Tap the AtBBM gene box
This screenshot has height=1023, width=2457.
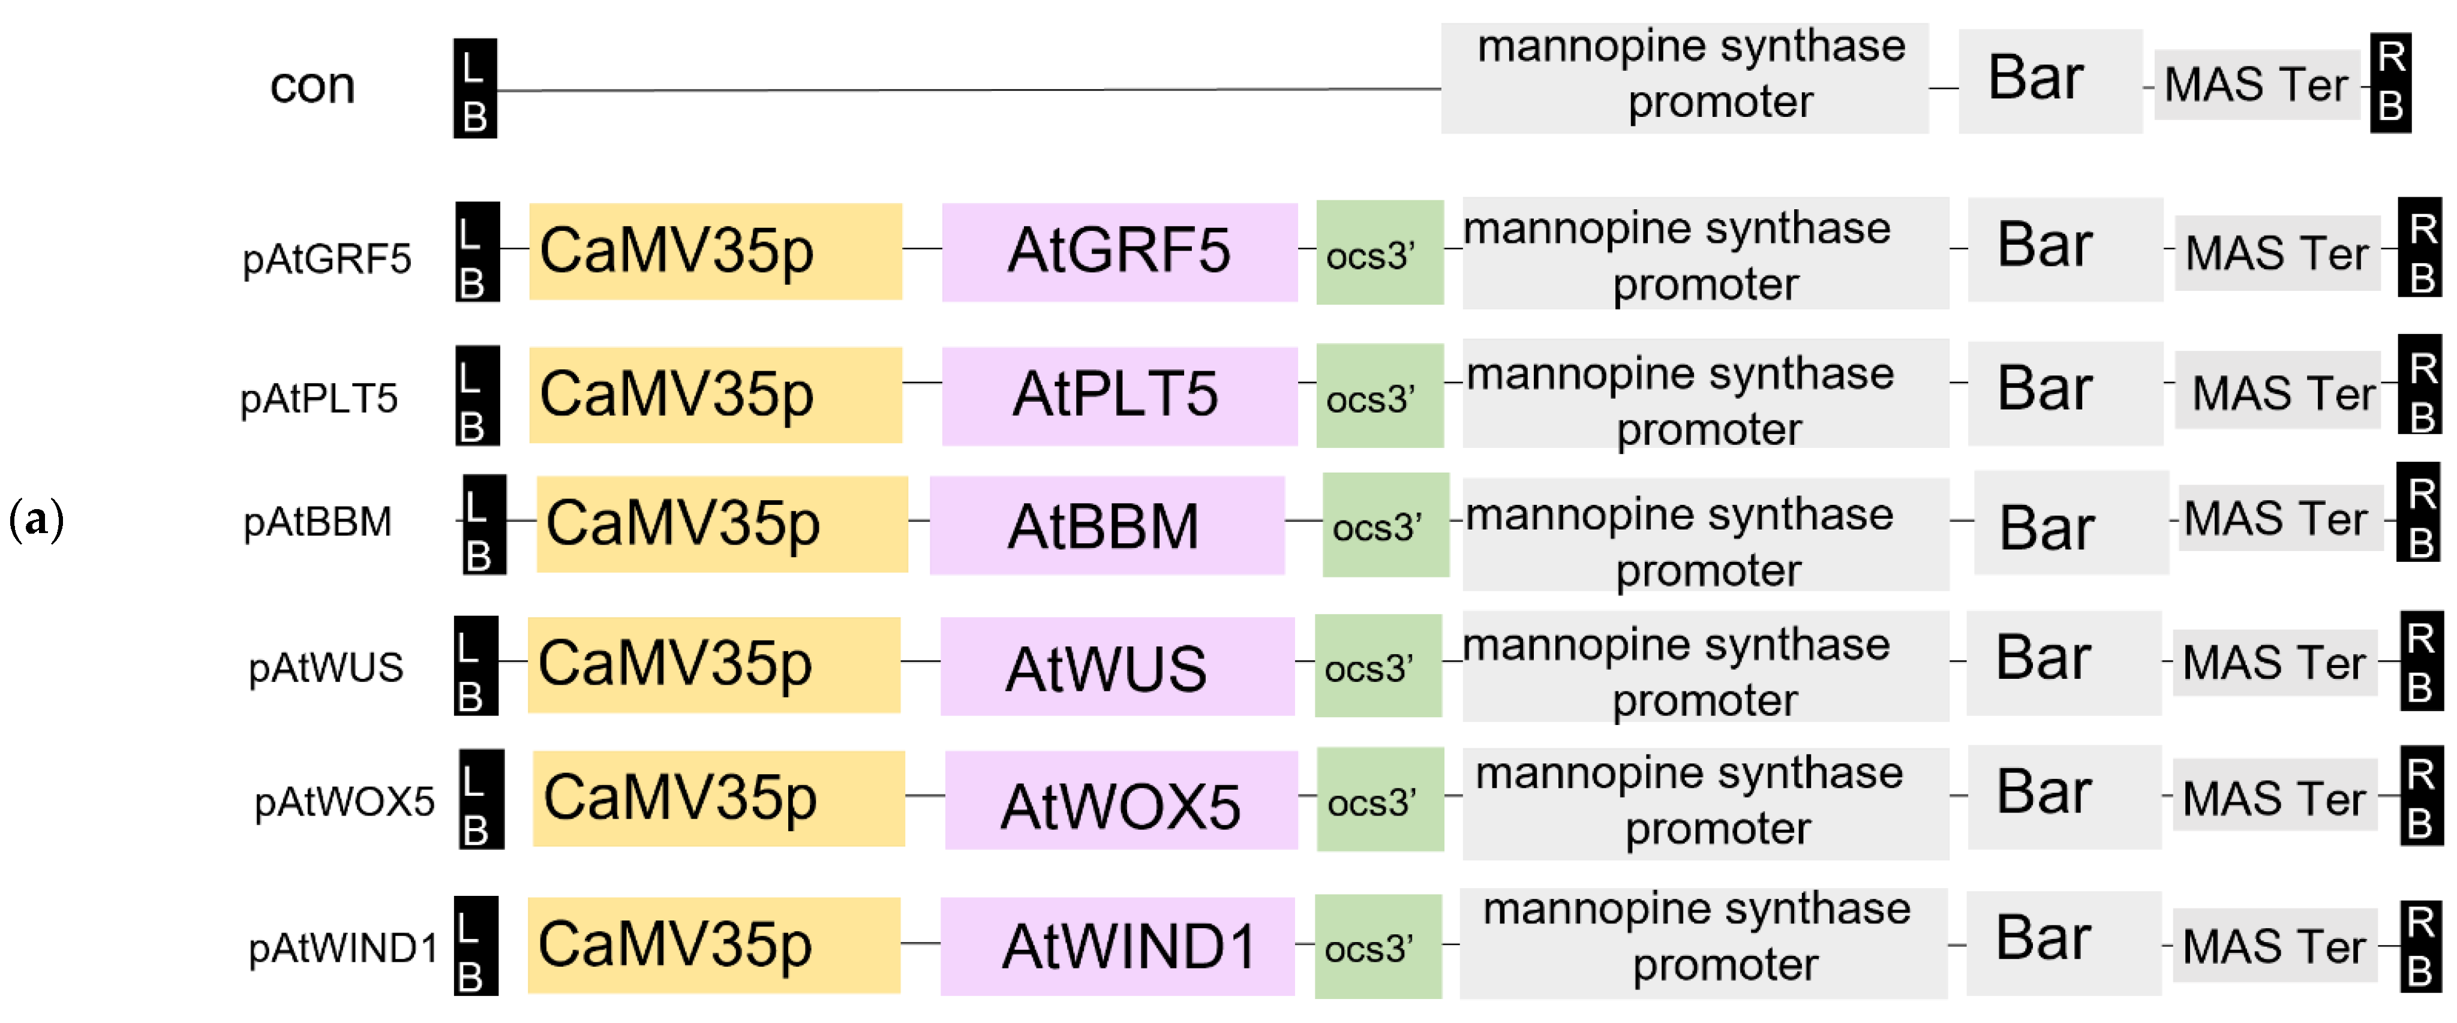pyautogui.click(x=1106, y=525)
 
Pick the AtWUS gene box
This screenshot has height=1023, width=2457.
pyautogui.click(x=1117, y=666)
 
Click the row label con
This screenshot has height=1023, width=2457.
pyautogui.click(x=312, y=86)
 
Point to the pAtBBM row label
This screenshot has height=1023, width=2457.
pyautogui.click(x=317, y=522)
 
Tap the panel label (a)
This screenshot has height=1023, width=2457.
pyautogui.click(x=36, y=520)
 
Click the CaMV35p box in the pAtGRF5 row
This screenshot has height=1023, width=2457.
pyautogui.click(x=716, y=252)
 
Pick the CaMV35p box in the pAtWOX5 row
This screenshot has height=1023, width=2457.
pyautogui.click(x=718, y=798)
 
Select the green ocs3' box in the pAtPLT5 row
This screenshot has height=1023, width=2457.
pyautogui.click(x=1379, y=396)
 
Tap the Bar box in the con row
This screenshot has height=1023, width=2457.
pyautogui.click(x=2050, y=80)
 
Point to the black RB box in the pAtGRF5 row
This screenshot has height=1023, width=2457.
pyautogui.click(x=2420, y=252)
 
